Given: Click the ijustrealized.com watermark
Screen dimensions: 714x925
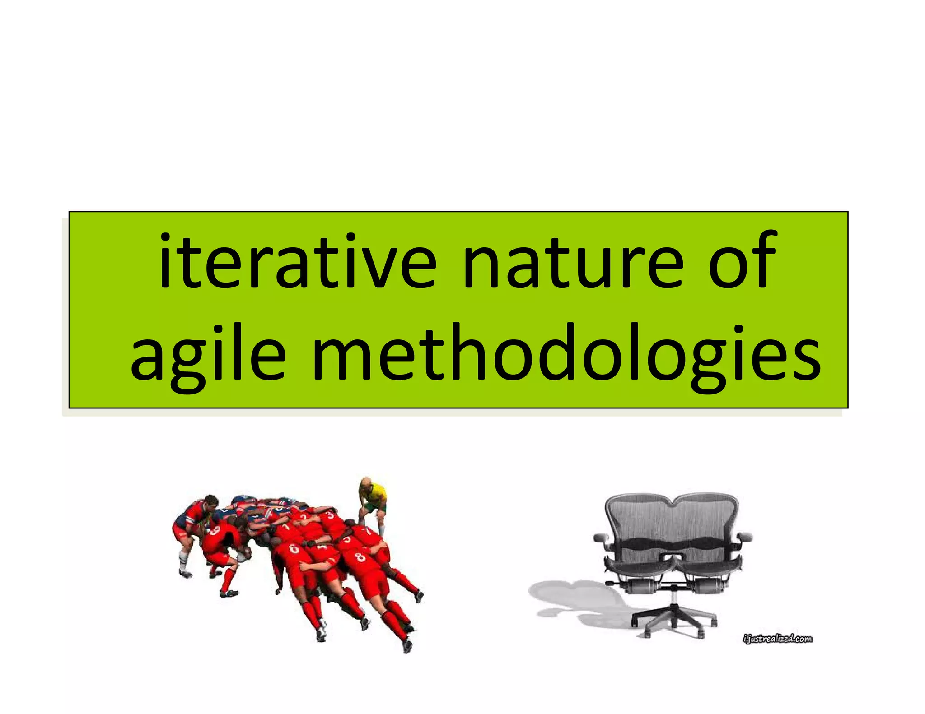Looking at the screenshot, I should point(777,639).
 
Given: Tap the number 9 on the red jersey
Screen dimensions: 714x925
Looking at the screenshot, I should point(215,531).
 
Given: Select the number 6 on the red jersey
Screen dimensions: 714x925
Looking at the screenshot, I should point(294,549).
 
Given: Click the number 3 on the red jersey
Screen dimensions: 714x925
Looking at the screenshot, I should point(331,515).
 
